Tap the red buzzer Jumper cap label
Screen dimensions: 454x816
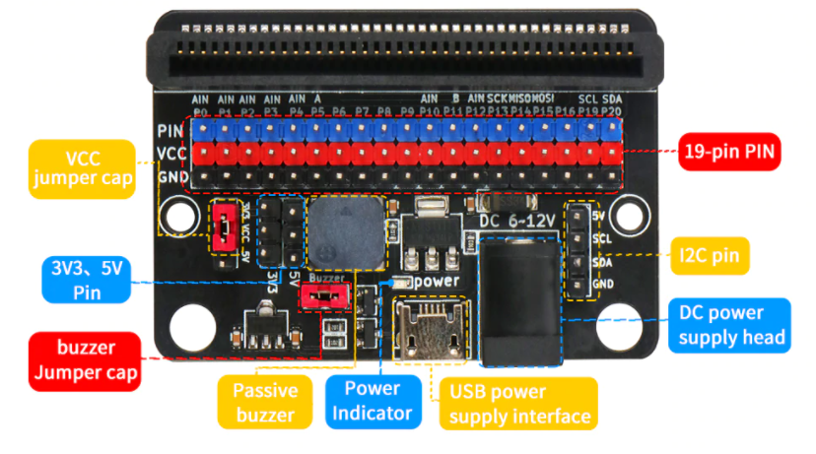[x=84, y=358]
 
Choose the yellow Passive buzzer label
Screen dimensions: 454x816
[x=265, y=402]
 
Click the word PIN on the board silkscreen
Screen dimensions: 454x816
[x=169, y=130]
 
